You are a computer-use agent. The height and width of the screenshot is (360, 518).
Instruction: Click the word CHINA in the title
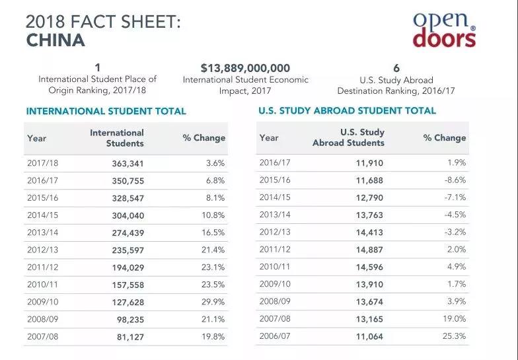coord(55,40)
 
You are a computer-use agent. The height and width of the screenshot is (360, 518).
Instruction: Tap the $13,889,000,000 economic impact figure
coord(245,68)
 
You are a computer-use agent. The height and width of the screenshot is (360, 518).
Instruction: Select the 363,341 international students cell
coord(125,162)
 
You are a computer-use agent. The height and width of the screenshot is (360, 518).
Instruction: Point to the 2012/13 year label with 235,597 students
coord(42,250)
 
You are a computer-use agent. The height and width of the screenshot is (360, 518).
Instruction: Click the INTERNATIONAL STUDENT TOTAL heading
coord(106,112)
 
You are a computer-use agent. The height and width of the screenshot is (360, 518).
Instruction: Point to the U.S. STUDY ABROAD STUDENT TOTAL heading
coord(347,110)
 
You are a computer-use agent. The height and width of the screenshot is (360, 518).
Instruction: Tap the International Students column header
coord(117,137)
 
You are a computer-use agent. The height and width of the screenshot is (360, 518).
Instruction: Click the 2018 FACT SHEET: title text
coord(102,21)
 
